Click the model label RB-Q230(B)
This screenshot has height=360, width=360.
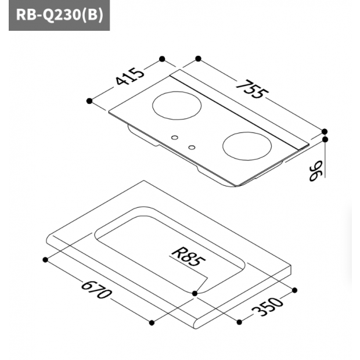(59, 15)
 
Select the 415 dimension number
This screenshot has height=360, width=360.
(130, 77)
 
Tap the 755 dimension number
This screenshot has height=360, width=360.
(253, 89)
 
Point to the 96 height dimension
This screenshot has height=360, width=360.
(316, 171)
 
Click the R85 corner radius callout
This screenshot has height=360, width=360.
(189, 257)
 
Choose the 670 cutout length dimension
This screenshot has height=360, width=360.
(97, 290)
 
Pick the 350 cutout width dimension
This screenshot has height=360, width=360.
(268, 307)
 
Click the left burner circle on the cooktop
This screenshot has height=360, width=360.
(177, 105)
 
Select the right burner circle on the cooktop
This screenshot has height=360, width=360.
(247, 146)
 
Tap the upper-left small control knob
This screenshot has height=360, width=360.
(175, 138)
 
